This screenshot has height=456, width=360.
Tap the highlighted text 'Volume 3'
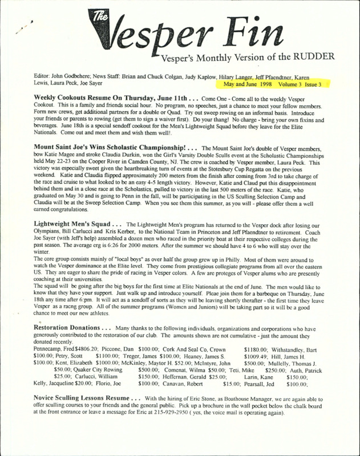point(292,84)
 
